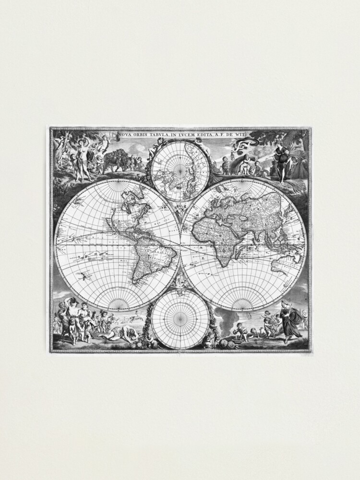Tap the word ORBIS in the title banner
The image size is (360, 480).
point(144,134)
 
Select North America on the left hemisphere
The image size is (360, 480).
point(130,211)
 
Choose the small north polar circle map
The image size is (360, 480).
point(180,170)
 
